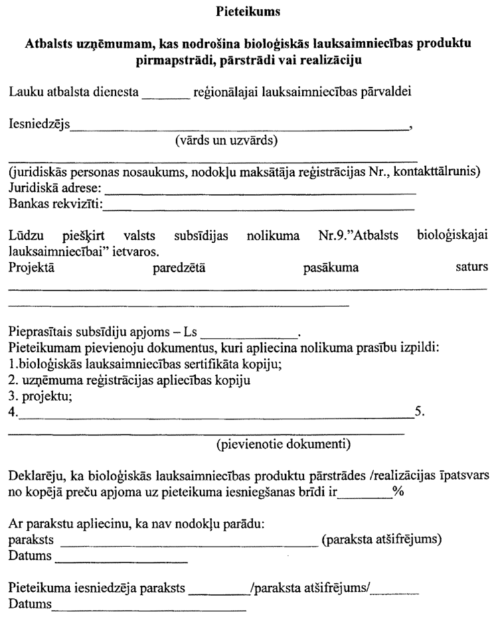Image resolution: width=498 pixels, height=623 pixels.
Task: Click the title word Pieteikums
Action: coord(248,11)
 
